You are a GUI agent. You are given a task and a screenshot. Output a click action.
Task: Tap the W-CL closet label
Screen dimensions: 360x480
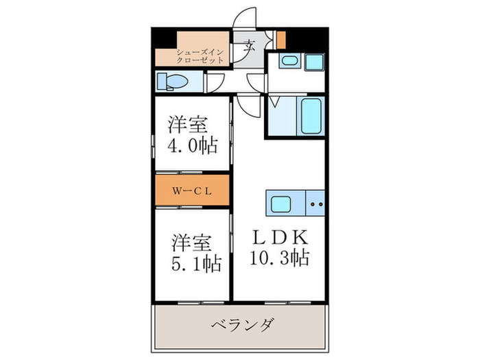(191, 191)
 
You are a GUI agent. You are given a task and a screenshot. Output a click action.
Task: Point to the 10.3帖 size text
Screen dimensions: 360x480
(280, 258)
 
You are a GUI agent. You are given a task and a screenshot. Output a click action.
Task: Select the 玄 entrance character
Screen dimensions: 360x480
(249, 48)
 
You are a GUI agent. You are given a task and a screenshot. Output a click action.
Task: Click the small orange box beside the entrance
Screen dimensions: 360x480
(280, 39)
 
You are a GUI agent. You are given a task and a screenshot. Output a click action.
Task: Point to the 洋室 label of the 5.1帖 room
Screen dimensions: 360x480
(191, 242)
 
